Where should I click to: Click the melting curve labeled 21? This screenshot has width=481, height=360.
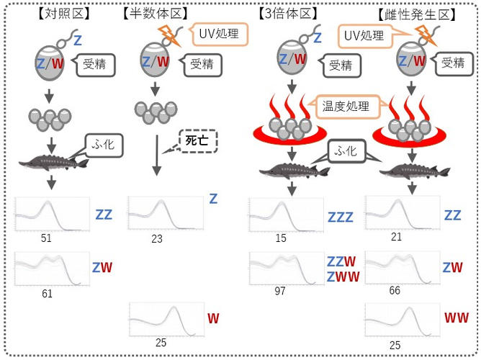click(x=396, y=213)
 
